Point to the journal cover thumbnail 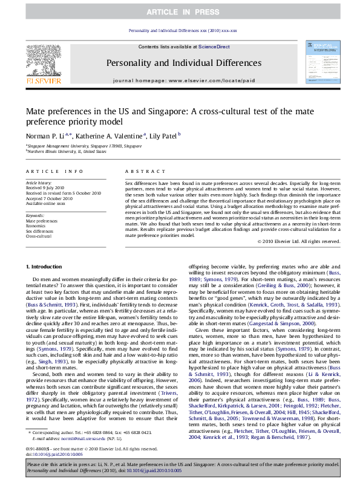(x=321, y=62)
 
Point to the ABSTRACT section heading (x=137, y=172)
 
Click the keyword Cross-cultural (x=39, y=236)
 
